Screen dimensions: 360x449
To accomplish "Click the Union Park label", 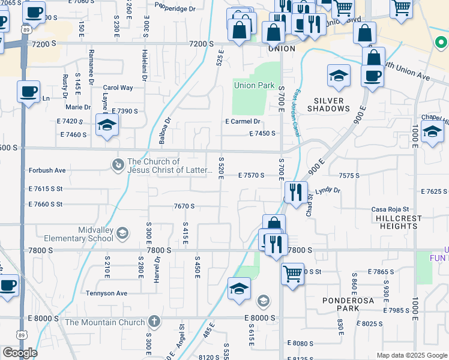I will tap(254, 86).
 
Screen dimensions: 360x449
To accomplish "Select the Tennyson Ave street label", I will tap(106, 293).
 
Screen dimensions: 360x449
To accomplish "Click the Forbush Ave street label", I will tap(47, 170).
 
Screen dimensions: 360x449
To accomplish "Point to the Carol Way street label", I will tap(118, 88).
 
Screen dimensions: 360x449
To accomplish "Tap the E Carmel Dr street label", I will tap(243, 121).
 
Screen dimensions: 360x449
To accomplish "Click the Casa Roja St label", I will tap(390, 209).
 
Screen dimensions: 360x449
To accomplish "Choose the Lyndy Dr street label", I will tap(328, 190).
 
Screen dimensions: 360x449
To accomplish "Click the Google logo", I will tap(19, 353).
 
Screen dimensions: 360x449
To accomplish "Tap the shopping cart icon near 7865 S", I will tap(292, 274).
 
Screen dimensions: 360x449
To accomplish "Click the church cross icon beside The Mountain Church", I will tap(154, 322).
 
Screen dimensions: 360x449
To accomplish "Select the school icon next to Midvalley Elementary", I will tap(122, 233).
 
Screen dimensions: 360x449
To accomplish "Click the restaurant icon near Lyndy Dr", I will tap(295, 193).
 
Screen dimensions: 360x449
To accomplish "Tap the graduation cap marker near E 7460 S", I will tap(107, 125).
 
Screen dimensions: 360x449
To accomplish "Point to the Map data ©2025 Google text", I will tap(411, 355).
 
